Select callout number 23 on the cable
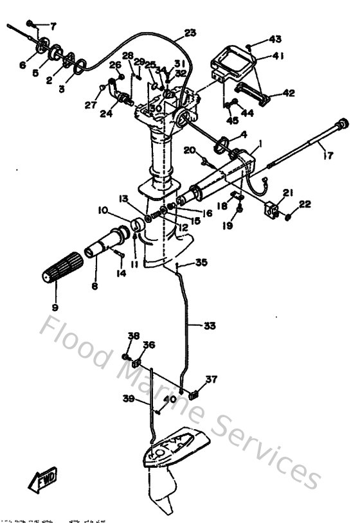(190, 33)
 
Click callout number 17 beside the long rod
(328, 154)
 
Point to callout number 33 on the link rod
(210, 326)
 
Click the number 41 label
(278, 57)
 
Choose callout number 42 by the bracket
(287, 93)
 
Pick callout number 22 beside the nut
(304, 204)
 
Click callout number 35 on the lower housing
(201, 262)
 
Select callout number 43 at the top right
(275, 39)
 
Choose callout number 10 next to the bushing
(103, 210)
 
